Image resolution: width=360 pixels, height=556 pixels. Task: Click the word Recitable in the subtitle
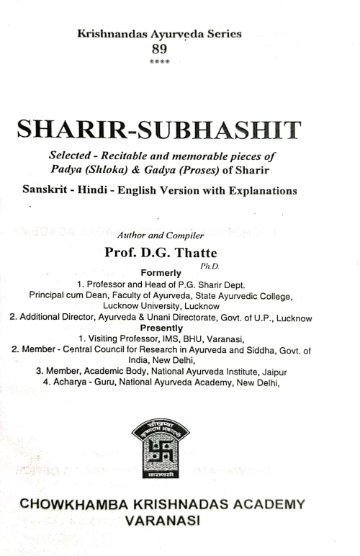(x=137, y=156)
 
